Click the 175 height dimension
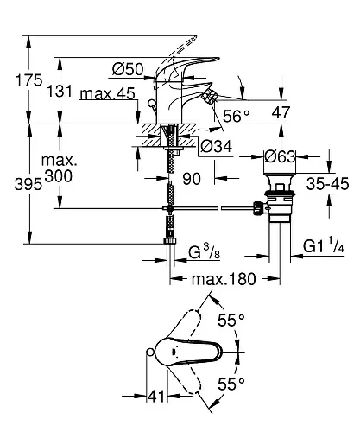pos(29,80)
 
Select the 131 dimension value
pos(60,92)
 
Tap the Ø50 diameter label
pos(128,69)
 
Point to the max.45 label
pos(108,93)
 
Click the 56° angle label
pos(237,116)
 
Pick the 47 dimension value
pos(281,112)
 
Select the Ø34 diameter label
pos(217,146)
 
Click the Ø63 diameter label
pos(280,156)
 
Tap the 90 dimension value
pos(192,179)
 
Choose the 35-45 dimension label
pos(327,183)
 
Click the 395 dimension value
pos(28,184)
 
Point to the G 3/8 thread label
pos(205,251)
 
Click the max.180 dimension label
pos(224,279)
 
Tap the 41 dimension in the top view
pos(156,397)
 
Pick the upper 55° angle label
pos(231,320)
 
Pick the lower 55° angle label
pos(231,384)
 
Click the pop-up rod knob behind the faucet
pos(151,104)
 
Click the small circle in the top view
pos(150,352)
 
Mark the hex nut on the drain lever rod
pos(257,208)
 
